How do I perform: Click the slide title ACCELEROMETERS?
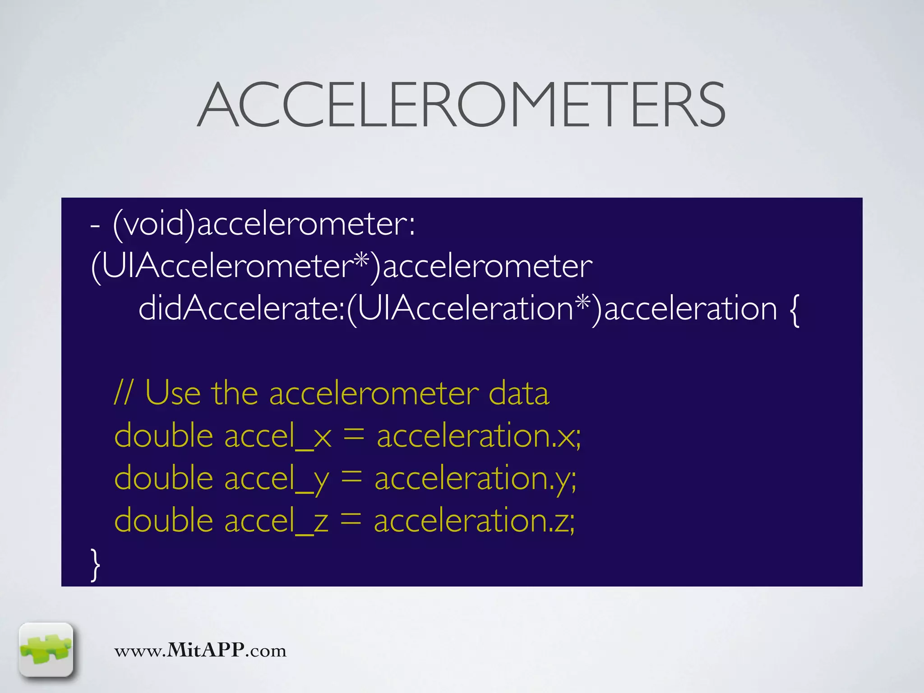coord(461,105)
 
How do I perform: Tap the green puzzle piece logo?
coord(46,650)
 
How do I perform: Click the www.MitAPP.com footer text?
coord(200,651)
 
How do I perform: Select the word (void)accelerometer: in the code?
coord(263,224)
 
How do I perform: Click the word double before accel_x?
coord(164,436)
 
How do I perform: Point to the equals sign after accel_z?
coord(351,521)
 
